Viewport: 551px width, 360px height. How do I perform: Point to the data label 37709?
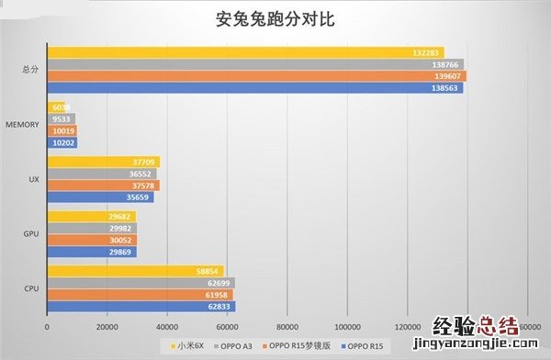coord(145,162)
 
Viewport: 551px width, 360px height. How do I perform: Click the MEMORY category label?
coord(21,124)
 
